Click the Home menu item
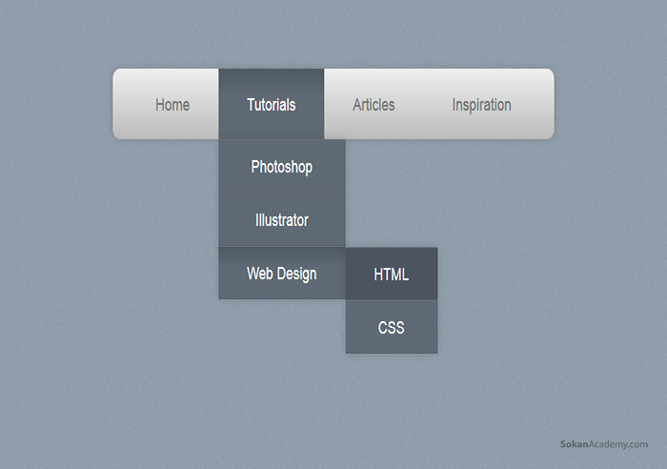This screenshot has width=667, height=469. [x=172, y=105]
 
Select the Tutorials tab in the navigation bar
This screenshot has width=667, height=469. [x=272, y=104]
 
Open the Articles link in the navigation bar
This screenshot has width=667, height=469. [x=374, y=105]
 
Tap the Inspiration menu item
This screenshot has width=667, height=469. [x=481, y=105]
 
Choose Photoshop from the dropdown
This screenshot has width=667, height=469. [x=282, y=167]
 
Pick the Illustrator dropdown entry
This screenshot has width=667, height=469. [x=282, y=220]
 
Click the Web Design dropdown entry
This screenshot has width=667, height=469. [x=282, y=274]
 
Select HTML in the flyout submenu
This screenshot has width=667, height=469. [x=392, y=275]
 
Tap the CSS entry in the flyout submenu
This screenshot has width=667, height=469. [x=392, y=327]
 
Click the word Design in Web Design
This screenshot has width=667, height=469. [x=297, y=275]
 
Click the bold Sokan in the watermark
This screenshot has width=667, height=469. [x=575, y=444]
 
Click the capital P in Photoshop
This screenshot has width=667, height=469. [x=255, y=167]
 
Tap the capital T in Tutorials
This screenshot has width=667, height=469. [x=251, y=105]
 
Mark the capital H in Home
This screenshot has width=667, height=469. [x=160, y=105]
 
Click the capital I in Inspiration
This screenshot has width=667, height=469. [x=454, y=105]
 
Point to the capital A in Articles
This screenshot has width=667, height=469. [x=357, y=105]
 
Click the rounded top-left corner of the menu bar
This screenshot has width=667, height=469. [x=115, y=71]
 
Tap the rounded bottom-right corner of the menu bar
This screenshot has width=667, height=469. [x=552, y=136]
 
